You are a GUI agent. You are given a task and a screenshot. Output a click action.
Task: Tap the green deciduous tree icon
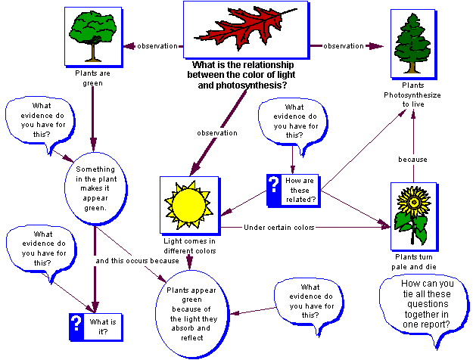92,35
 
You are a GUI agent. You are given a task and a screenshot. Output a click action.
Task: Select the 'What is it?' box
95,324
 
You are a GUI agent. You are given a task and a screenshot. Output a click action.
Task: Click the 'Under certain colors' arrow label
279,227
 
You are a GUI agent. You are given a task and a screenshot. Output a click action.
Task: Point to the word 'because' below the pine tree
413,160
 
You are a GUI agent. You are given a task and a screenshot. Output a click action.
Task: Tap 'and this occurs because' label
136,260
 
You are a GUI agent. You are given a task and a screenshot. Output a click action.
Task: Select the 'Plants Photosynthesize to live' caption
414,95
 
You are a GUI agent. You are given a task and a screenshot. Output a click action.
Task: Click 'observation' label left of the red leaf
156,45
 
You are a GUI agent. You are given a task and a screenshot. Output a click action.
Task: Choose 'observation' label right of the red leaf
344,46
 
